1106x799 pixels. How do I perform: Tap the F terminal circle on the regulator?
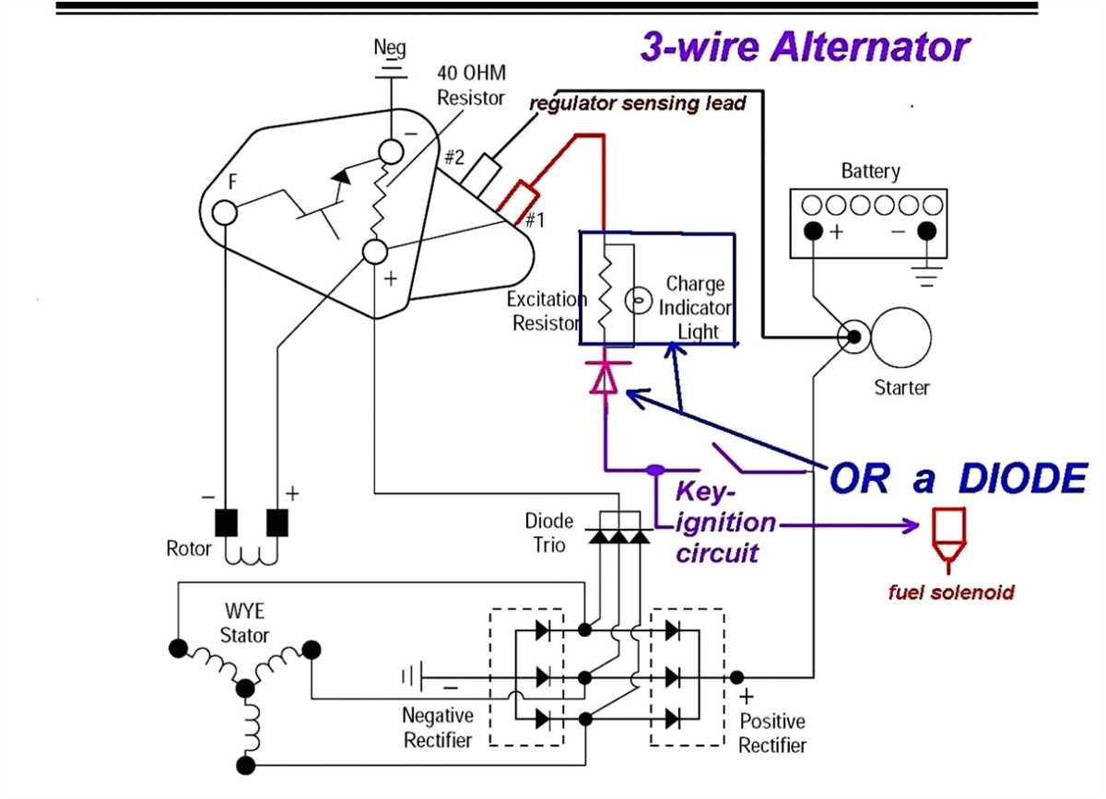(224, 213)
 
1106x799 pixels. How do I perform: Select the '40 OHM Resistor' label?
(471, 85)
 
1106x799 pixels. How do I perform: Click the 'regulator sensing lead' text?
(637, 104)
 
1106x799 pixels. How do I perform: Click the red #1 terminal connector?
(518, 197)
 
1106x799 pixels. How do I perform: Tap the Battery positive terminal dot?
(811, 230)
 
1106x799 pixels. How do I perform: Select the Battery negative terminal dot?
(926, 230)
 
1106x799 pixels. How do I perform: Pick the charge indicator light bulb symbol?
(634, 300)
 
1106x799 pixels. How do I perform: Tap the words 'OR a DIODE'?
(959, 478)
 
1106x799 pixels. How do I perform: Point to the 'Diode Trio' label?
(549, 533)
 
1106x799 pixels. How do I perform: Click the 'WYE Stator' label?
(245, 624)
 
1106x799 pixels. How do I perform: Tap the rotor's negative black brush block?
(226, 523)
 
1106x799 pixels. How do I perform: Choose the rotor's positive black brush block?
(276, 523)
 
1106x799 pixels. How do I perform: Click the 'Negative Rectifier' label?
(438, 727)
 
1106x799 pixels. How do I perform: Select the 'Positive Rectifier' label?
(772, 733)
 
